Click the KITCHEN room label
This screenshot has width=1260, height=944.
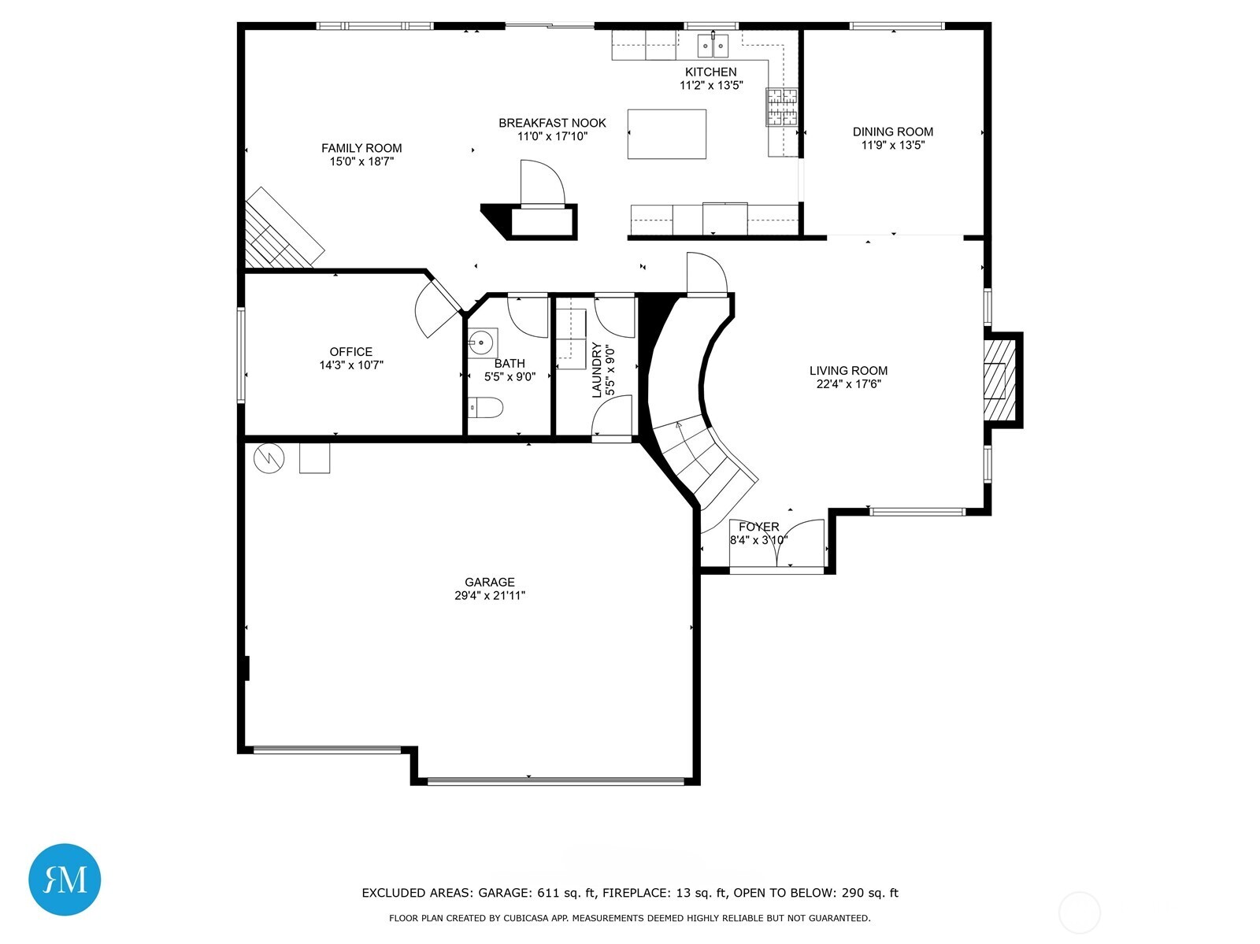[710, 72]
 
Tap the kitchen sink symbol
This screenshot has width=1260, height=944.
[713, 46]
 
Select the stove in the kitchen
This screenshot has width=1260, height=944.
[782, 107]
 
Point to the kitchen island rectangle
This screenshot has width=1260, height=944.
[666, 134]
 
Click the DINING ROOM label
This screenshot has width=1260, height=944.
[892, 131]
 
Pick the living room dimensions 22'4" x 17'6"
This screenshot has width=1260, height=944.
[848, 384]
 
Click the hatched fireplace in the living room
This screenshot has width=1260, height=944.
[999, 380]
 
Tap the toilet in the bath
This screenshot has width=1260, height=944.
[485, 408]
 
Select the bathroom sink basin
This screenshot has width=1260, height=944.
[480, 343]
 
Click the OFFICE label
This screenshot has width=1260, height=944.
[350, 351]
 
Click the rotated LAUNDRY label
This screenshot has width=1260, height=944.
[596, 370]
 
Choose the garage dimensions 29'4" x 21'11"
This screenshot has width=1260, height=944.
[490, 595]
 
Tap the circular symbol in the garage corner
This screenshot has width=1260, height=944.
[269, 458]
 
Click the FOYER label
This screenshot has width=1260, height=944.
[759, 526]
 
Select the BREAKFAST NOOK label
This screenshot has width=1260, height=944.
[552, 123]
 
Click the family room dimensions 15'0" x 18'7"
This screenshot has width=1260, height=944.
[361, 161]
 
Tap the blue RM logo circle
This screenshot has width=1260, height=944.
[65, 879]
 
